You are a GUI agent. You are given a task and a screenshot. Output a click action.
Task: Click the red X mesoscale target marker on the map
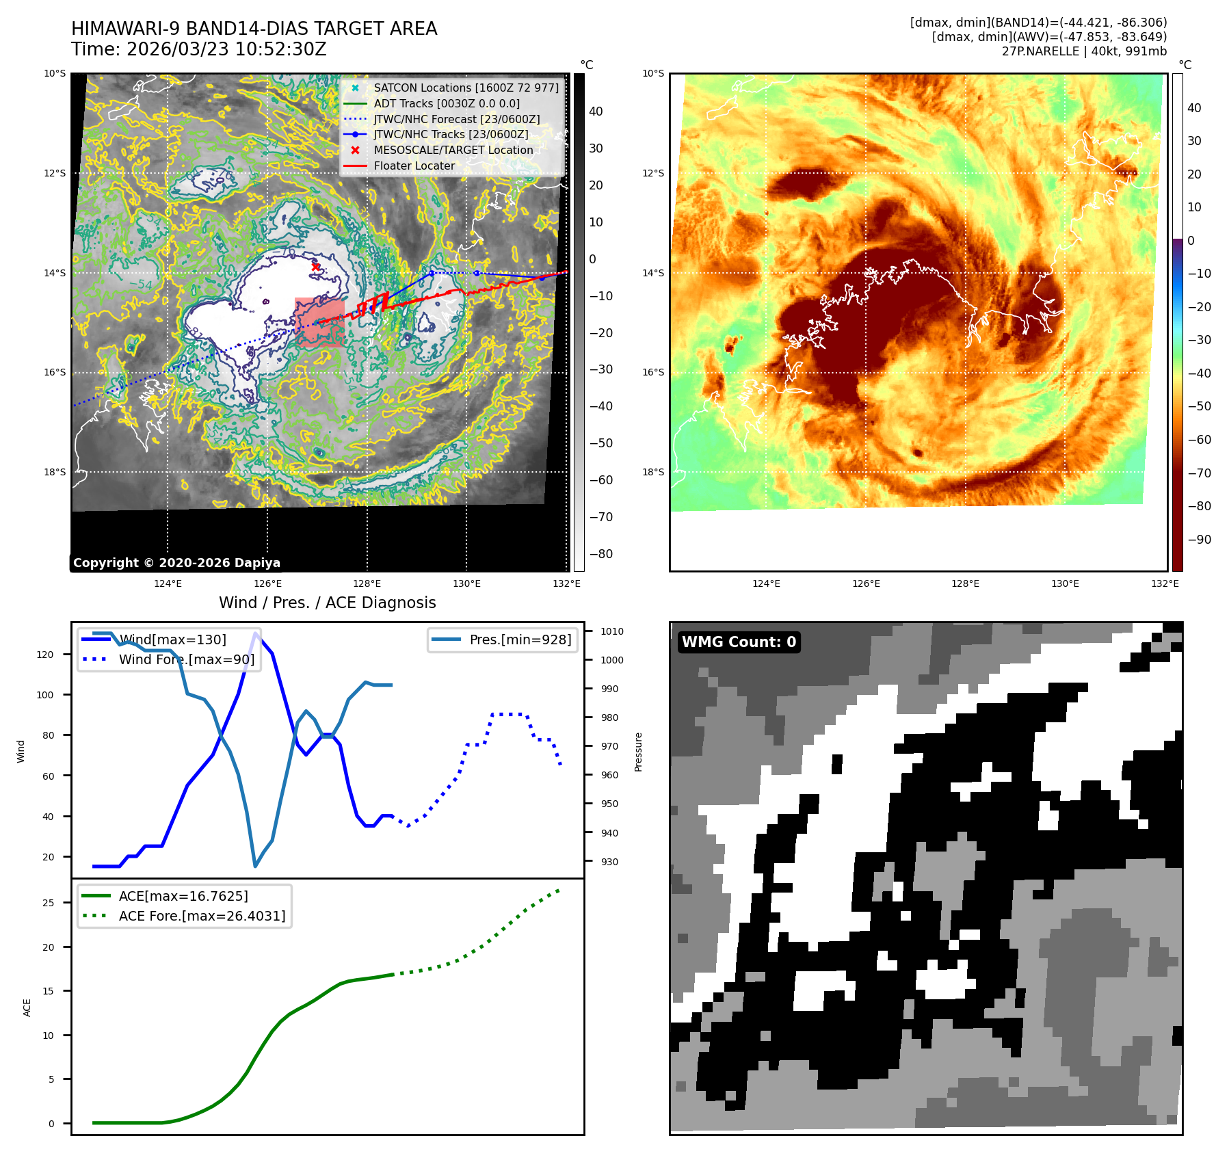[x=315, y=267]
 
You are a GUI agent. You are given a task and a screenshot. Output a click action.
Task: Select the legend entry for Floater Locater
[x=414, y=166]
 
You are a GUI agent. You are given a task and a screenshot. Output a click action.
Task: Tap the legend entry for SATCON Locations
[x=466, y=88]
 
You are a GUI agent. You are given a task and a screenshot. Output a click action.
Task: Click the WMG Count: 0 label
[x=739, y=642]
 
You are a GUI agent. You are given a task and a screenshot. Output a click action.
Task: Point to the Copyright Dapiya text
[x=176, y=563]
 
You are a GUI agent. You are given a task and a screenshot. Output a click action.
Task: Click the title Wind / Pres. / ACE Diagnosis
[x=327, y=603]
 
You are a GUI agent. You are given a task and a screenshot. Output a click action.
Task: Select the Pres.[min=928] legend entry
[x=520, y=640]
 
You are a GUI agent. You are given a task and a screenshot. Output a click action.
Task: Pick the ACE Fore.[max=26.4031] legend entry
[x=202, y=916]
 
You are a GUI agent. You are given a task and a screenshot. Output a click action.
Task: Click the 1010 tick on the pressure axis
[x=611, y=631]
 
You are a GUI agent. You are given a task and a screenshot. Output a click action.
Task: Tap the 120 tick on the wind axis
[x=45, y=655]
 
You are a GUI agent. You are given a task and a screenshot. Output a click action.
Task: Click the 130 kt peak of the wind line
[x=256, y=633]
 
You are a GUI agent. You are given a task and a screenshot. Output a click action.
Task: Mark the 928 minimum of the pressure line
[x=256, y=867]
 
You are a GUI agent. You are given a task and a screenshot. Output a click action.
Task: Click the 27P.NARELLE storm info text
[x=1084, y=51]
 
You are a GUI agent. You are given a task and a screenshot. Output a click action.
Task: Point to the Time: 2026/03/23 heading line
[x=199, y=49]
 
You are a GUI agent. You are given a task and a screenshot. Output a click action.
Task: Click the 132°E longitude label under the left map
[x=566, y=583]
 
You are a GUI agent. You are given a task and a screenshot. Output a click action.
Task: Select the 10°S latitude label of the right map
[x=653, y=74]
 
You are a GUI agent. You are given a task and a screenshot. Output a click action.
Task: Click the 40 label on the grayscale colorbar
[x=596, y=112]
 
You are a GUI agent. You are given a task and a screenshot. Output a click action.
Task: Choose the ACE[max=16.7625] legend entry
[x=183, y=896]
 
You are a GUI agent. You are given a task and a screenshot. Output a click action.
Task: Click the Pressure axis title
[x=639, y=752]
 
